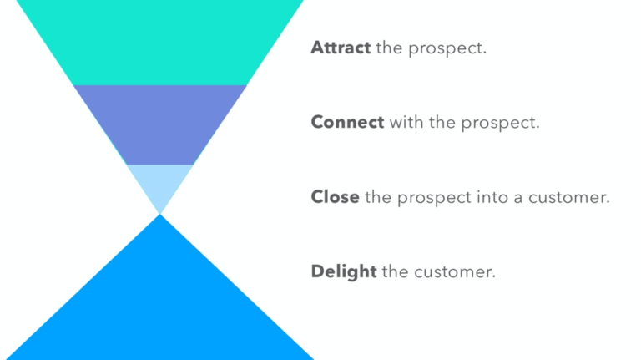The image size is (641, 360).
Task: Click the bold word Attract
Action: pyautogui.click(x=341, y=48)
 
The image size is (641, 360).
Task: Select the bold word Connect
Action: pyautogui.click(x=347, y=122)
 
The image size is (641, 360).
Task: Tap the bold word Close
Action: pyautogui.click(x=335, y=197)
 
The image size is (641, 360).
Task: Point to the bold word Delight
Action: pyautogui.click(x=343, y=271)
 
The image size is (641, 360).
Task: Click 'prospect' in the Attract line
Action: pyautogui.click(x=447, y=48)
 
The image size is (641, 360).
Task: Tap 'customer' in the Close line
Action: pyautogui.click(x=571, y=198)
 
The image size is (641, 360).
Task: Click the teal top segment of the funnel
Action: pyautogui.click(x=159, y=42)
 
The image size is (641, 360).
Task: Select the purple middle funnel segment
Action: pyautogui.click(x=159, y=124)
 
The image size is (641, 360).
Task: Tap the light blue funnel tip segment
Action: pyautogui.click(x=159, y=184)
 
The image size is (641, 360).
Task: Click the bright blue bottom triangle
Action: pyautogui.click(x=159, y=301)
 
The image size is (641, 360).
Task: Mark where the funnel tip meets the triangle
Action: pyautogui.click(x=159, y=214)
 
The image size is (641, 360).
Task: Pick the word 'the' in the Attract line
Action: pyautogui.click(x=389, y=48)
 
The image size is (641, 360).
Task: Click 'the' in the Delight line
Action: pyautogui.click(x=396, y=271)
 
